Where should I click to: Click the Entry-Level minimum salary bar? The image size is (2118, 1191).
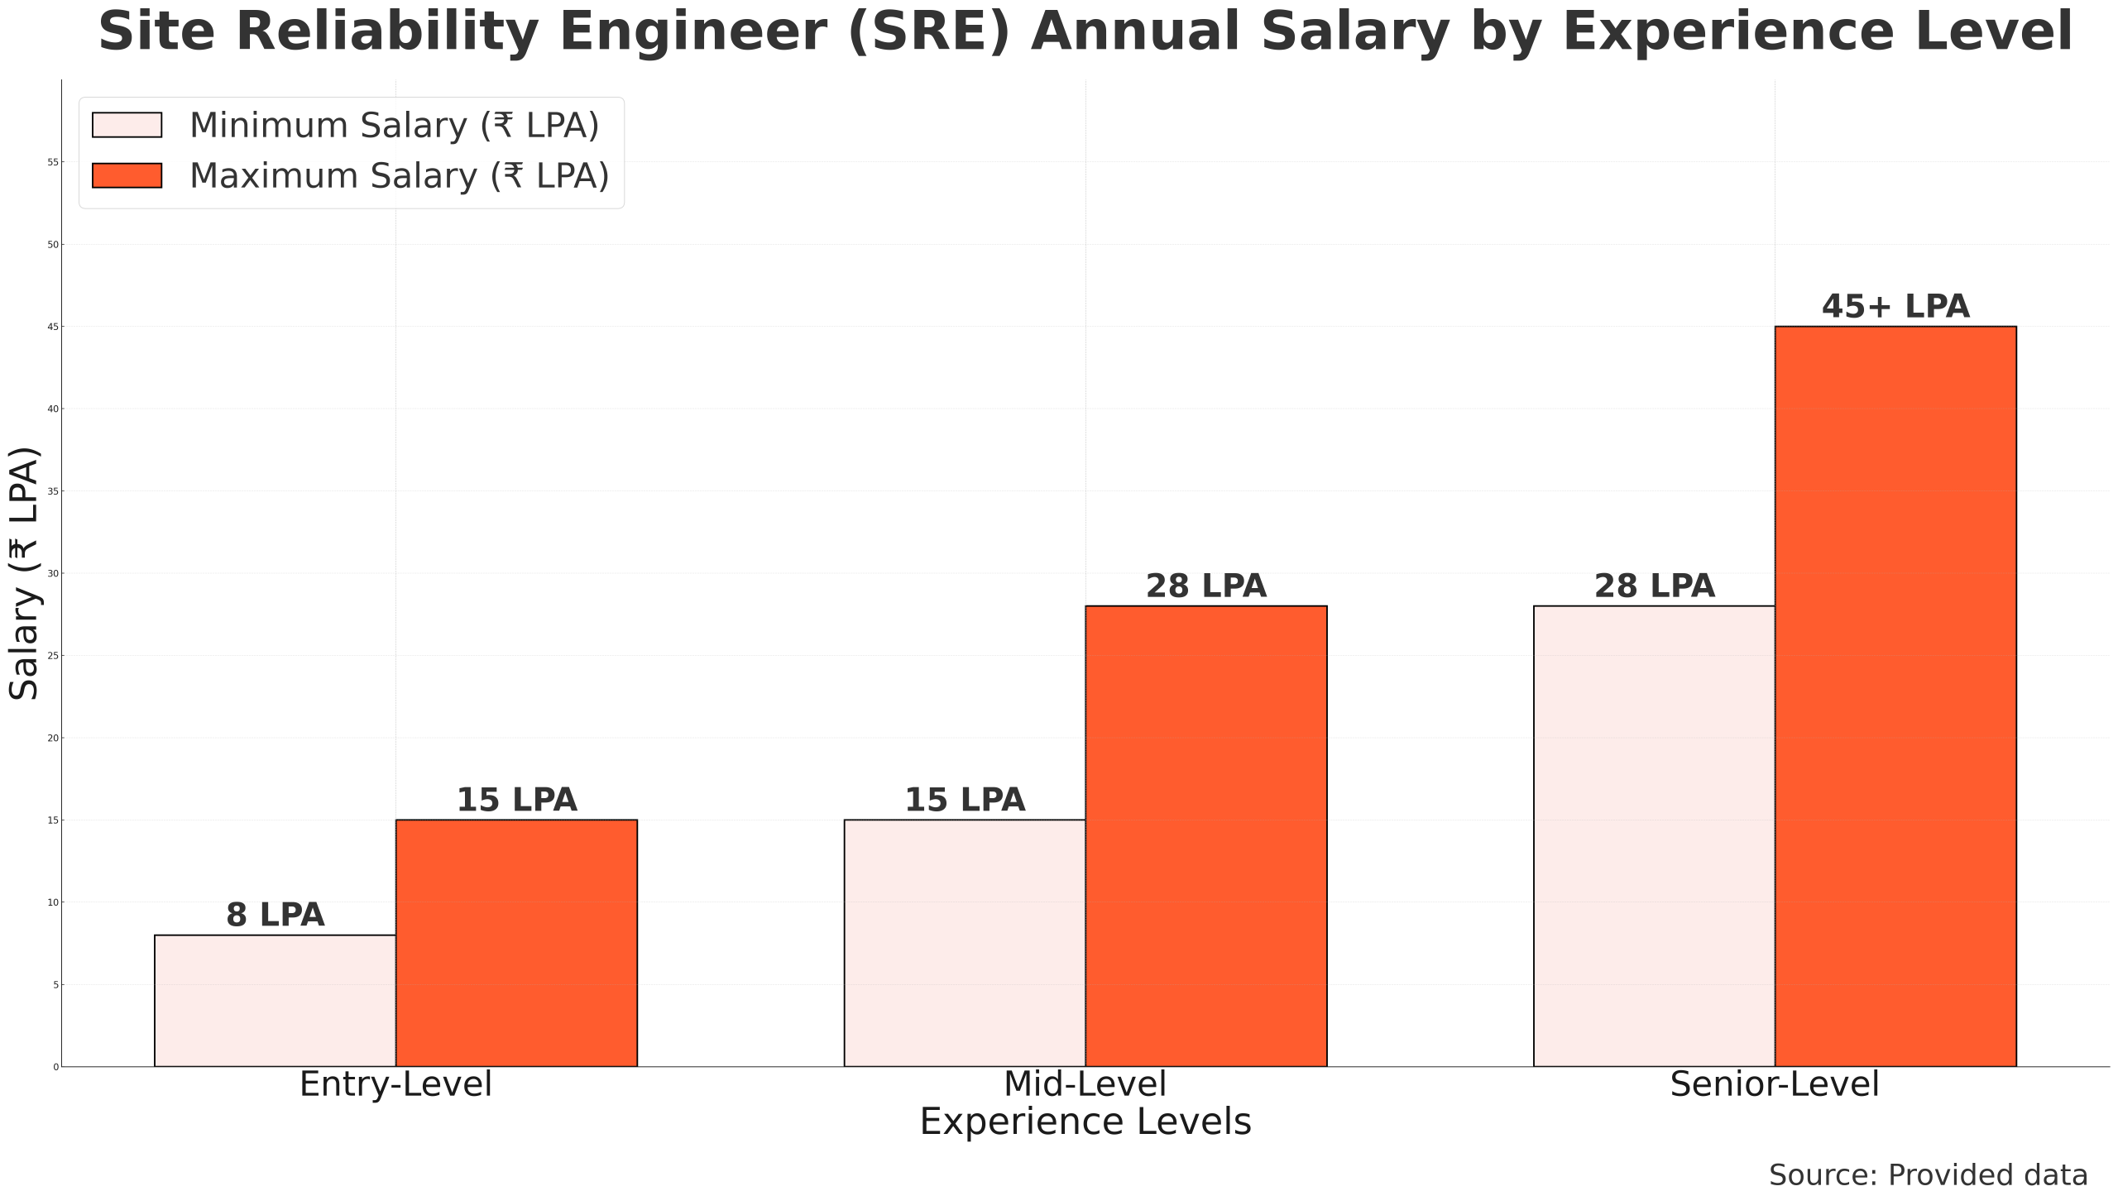click(x=275, y=1001)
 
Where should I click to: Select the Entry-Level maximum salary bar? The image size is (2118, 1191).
click(x=516, y=943)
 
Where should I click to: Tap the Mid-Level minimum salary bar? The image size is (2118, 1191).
click(x=965, y=943)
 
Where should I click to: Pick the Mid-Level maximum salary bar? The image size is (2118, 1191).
click(x=1206, y=835)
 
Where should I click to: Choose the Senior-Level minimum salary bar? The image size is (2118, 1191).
click(x=1654, y=835)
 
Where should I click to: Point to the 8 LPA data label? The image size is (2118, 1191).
click(x=275, y=916)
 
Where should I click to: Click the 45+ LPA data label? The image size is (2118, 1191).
click(x=1895, y=307)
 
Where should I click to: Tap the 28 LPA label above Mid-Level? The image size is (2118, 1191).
click(x=1206, y=586)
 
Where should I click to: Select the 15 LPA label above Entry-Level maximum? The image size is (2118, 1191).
click(x=516, y=800)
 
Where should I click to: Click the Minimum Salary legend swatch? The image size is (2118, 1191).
click(x=127, y=125)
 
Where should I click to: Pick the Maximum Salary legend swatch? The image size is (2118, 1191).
click(x=127, y=175)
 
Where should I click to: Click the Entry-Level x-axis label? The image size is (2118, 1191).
click(x=395, y=1084)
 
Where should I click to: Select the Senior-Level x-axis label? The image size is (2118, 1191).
click(x=1775, y=1084)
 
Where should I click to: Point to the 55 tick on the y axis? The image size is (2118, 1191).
click(x=53, y=162)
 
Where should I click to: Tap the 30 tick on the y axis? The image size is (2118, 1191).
click(x=53, y=573)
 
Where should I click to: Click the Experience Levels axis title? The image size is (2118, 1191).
click(x=1085, y=1122)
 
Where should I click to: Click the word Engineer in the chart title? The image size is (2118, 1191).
click(x=693, y=33)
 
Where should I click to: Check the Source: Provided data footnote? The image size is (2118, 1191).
click(x=1928, y=1175)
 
